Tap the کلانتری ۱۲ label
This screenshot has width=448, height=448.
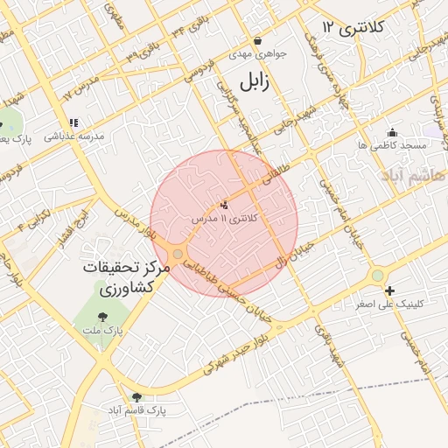(x=353, y=28)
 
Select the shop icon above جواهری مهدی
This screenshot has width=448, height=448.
(x=257, y=40)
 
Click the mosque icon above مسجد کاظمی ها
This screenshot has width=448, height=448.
(x=391, y=132)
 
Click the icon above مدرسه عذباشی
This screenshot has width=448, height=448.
(x=74, y=123)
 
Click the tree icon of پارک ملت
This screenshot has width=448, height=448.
(x=103, y=316)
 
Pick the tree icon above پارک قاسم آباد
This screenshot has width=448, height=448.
(x=136, y=396)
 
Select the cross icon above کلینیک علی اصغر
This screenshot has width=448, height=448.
(x=389, y=290)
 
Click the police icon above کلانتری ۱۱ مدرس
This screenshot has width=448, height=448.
(x=224, y=205)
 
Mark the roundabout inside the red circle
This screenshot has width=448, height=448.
(x=178, y=255)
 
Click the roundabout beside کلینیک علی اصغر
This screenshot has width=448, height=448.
(x=377, y=275)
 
